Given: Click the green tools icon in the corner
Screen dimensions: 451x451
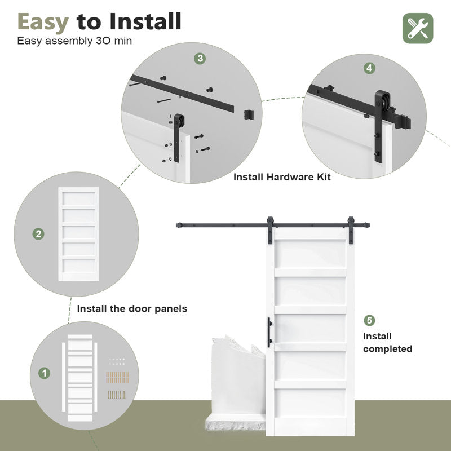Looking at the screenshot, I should point(418,28).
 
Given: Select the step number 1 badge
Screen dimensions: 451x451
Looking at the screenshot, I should point(43,373).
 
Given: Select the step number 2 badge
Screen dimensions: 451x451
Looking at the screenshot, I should point(39,234).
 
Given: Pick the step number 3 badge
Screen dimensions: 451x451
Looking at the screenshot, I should point(200,59).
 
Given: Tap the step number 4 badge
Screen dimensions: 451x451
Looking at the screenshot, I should point(369,68).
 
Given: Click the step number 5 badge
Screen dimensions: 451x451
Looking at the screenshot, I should point(369,320).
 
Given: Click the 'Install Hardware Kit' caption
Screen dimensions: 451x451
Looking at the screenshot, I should point(282,177).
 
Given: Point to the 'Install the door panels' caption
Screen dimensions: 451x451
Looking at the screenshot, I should point(132,309).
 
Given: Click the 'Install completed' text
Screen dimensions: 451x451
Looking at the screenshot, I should point(387,343).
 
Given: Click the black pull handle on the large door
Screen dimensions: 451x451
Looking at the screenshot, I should point(269,329).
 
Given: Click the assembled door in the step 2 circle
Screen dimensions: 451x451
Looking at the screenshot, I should point(78,233).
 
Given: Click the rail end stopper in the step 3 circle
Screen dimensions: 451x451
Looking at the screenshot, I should point(249,114).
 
